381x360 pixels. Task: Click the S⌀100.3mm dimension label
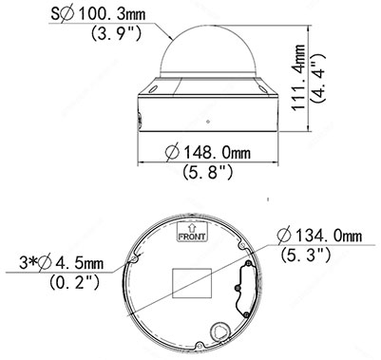98,14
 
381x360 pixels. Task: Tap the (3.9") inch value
116,33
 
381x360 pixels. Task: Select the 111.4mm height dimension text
298,78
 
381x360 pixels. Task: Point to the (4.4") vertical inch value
318,78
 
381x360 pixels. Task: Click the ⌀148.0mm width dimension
208,153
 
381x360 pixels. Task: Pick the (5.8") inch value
208,172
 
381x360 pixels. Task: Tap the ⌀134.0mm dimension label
319,236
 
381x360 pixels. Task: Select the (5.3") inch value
306,255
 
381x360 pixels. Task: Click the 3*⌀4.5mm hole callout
62,263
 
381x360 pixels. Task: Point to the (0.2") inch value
75,282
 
